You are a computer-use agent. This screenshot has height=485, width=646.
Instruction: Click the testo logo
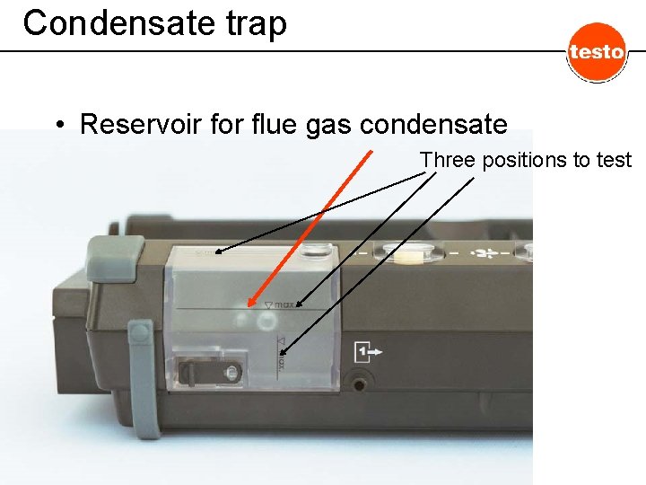pos(596,52)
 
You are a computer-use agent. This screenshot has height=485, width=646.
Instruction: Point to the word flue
pos(272,124)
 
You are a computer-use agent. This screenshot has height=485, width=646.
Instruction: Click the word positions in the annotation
pos(519,160)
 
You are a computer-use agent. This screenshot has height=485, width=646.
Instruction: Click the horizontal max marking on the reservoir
pos(284,305)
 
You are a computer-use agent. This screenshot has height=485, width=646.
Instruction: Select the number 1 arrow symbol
pos(369,350)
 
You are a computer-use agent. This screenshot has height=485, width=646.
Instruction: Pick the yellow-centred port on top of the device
pos(409,255)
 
